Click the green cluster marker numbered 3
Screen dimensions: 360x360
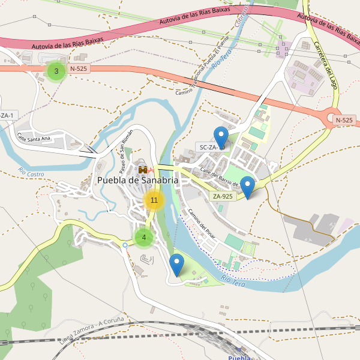click(x=56, y=71)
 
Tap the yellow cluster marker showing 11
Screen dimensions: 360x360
click(x=154, y=200)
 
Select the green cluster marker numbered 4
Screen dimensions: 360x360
click(x=143, y=237)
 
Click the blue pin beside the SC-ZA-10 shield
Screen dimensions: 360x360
click(x=221, y=138)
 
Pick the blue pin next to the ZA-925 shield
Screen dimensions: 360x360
click(x=247, y=187)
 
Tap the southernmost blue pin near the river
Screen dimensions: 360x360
click(x=176, y=265)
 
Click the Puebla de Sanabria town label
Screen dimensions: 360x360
click(x=137, y=180)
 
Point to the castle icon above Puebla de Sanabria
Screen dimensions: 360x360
click(x=143, y=170)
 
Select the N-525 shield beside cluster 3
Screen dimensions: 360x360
click(x=79, y=68)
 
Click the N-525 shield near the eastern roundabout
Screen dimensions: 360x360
click(x=344, y=120)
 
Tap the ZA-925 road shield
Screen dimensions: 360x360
click(x=223, y=196)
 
